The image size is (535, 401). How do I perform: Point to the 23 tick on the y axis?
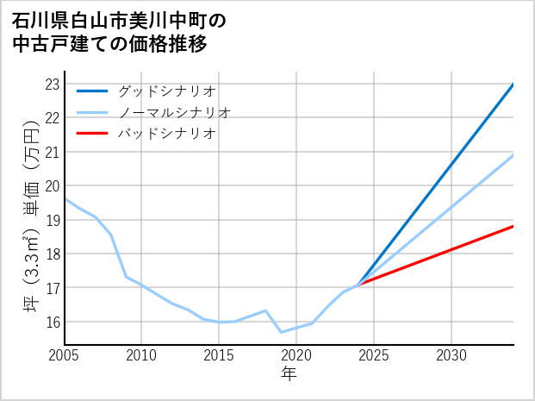(x=51, y=84)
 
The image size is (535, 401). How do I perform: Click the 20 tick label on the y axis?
(x=51, y=185)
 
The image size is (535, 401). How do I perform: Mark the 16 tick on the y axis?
(x=51, y=321)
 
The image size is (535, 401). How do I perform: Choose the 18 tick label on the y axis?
(x=51, y=254)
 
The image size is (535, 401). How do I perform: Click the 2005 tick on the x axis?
(x=65, y=355)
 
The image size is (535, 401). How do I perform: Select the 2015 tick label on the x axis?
(x=220, y=355)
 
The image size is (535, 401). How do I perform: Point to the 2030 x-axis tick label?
(x=451, y=355)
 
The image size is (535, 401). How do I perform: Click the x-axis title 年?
(x=289, y=374)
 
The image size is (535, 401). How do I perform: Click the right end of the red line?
(x=513, y=226)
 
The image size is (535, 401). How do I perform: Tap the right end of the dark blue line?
(x=513, y=85)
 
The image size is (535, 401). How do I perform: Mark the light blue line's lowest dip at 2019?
(x=281, y=332)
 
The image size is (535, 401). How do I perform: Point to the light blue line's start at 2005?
(x=65, y=198)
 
